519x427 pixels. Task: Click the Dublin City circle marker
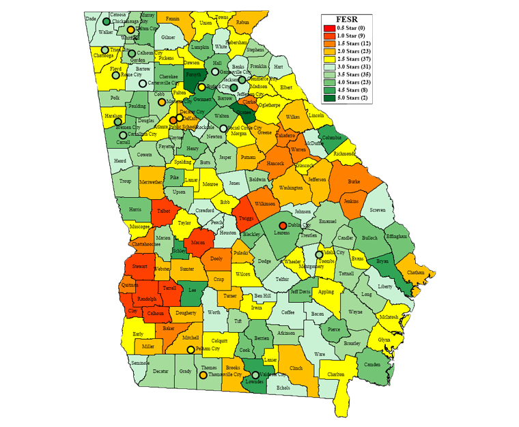(282, 225)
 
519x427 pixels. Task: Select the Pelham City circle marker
(191, 349)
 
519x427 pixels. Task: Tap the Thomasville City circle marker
(203, 374)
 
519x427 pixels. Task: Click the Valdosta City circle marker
(255, 374)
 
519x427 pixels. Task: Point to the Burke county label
(354, 182)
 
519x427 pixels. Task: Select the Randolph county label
(147, 299)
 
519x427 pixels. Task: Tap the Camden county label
(372, 365)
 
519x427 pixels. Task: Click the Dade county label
(91, 19)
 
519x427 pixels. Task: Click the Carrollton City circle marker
(123, 134)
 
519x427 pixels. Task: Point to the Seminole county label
(139, 363)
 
